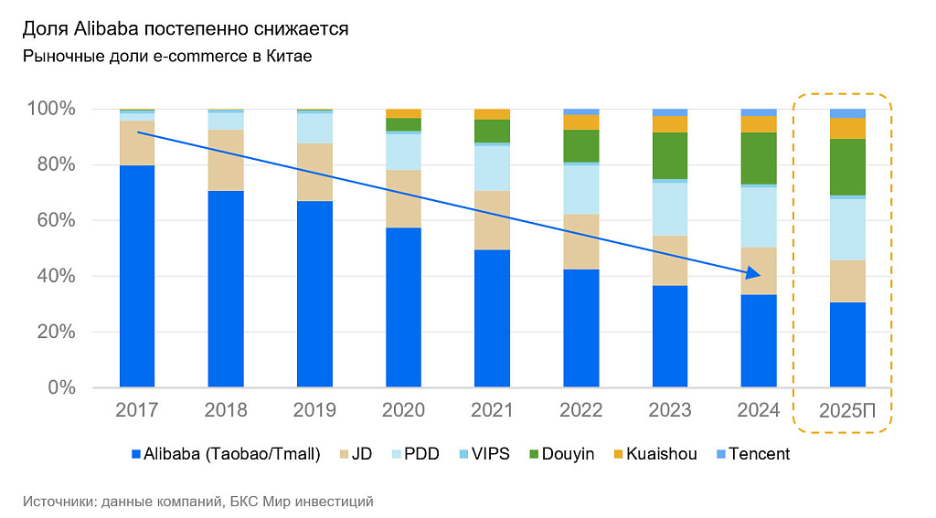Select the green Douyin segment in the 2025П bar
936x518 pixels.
847,166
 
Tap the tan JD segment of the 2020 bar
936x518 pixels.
403,198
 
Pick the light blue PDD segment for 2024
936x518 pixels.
758,217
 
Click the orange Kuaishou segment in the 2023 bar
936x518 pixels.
669,124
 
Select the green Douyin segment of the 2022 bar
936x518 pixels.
580,146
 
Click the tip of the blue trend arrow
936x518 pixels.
760,274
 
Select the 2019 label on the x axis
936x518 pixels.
314,410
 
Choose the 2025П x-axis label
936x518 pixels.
847,411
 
